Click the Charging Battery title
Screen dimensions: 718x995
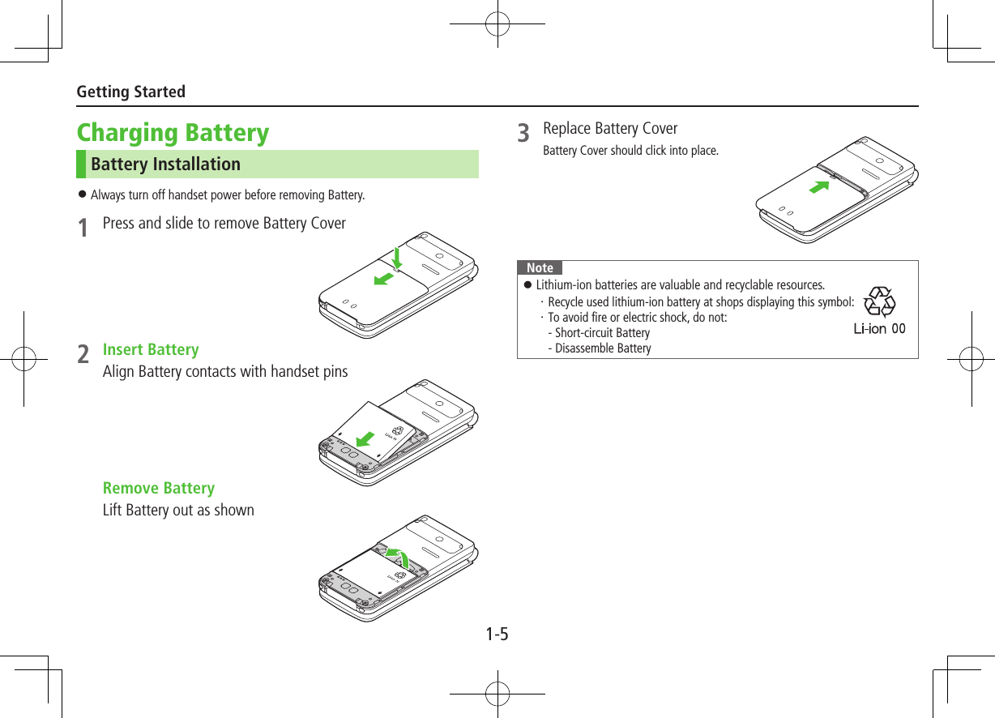[173, 132]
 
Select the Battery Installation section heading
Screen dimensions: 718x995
[165, 164]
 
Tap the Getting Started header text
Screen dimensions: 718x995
[130, 92]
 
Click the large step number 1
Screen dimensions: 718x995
[83, 228]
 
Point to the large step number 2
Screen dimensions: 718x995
[83, 355]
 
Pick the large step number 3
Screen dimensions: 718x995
[524, 133]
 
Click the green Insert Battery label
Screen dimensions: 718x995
[151, 349]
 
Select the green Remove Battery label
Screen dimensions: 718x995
[159, 488]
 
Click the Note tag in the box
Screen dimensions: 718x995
[540, 267]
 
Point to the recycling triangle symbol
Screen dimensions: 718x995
[879, 302]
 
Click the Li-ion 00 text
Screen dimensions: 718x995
[879, 329]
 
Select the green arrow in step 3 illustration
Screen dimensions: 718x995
[820, 189]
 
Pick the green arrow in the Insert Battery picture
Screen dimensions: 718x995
[365, 438]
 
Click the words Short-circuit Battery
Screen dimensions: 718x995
[602, 333]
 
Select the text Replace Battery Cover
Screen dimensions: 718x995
[610, 128]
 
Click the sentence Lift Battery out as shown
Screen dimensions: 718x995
[178, 510]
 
